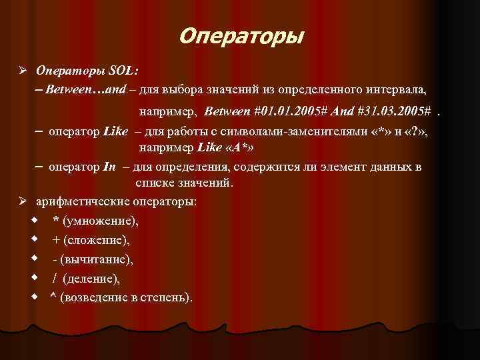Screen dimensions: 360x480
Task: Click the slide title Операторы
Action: point(240,35)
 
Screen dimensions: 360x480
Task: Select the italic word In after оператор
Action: point(110,167)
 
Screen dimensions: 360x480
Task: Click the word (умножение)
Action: point(101,220)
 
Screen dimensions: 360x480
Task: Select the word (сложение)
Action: point(98,239)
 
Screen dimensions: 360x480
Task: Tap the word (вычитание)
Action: point(98,259)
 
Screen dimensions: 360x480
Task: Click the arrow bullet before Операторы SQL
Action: point(22,69)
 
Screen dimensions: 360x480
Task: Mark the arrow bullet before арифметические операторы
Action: point(22,201)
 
